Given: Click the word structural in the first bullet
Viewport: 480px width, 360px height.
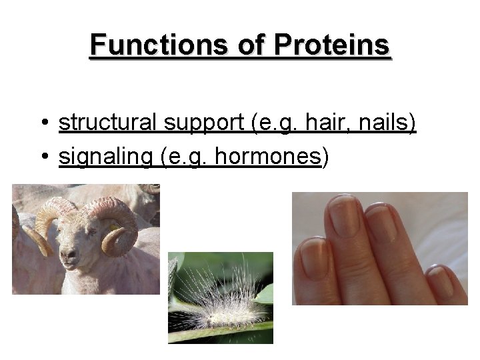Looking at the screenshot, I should (x=107, y=123).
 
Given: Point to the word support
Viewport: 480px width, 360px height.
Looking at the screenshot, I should (x=195, y=124).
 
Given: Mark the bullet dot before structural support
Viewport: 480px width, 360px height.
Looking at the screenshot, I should (x=43, y=124).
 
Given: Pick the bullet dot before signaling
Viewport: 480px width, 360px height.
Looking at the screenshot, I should (x=43, y=157).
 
